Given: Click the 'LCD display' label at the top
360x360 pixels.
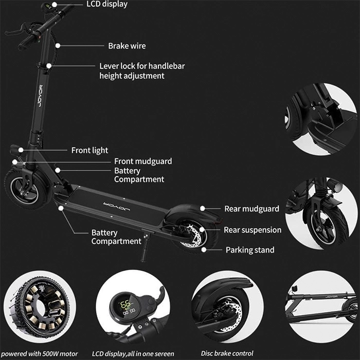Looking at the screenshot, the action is coord(107,4).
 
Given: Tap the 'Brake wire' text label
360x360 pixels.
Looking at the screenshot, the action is coord(127,46).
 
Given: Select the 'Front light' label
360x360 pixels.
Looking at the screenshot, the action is coord(89,150).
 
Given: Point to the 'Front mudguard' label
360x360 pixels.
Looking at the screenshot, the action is coord(143,161).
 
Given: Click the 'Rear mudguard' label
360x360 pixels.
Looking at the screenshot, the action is coord(251,209).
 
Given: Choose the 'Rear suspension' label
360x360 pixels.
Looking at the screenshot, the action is coord(253,230).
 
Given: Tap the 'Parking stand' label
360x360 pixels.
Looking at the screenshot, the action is coord(250,250).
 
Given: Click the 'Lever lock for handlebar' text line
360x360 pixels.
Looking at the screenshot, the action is coord(142,66).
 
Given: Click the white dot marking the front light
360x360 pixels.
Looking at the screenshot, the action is coord(21,150).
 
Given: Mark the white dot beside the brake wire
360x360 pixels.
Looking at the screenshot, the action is coord(58,46).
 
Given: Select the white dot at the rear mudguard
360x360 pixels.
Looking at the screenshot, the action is coord(203,208).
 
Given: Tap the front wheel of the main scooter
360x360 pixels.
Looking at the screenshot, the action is coord(26,189).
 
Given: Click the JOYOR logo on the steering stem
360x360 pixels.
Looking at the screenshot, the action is coord(40,96).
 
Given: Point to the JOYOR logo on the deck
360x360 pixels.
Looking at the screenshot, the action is coord(117,207).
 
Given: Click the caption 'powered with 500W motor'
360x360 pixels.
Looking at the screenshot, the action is coord(40,354).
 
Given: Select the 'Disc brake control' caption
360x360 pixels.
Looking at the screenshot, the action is coord(227,353).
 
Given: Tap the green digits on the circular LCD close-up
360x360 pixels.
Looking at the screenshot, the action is coord(126,305).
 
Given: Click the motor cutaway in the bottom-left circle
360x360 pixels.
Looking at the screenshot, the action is coord(40,307).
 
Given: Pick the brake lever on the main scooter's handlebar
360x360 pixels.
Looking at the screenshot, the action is coord(16,30).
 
